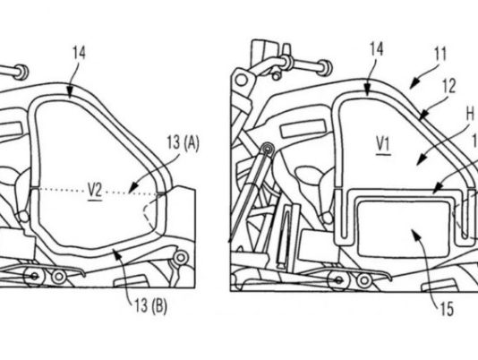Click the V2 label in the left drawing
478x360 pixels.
click(x=95, y=192)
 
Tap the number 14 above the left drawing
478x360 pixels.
click(x=80, y=53)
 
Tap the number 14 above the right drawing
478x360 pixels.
click(x=377, y=49)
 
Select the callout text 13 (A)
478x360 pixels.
click(x=183, y=143)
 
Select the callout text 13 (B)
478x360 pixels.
click(x=151, y=306)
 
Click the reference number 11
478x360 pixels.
click(x=440, y=54)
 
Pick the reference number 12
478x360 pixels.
click(x=449, y=86)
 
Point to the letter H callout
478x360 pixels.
click(x=470, y=115)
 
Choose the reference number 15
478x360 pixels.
click(x=447, y=309)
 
